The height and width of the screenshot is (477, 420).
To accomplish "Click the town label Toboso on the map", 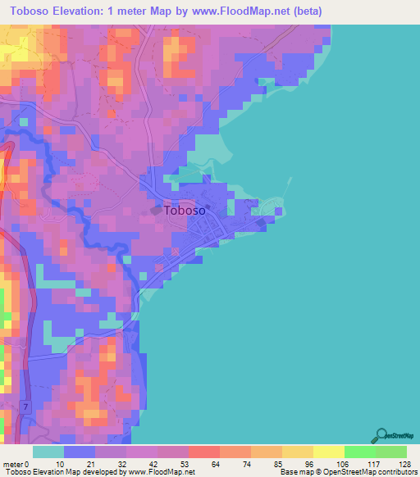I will (x=185, y=210).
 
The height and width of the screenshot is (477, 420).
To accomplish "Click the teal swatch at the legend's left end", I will (x=48, y=452).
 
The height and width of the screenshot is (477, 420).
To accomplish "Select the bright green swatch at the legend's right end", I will (x=391, y=452).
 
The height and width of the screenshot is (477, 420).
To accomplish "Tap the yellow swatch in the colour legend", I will (x=328, y=452).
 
